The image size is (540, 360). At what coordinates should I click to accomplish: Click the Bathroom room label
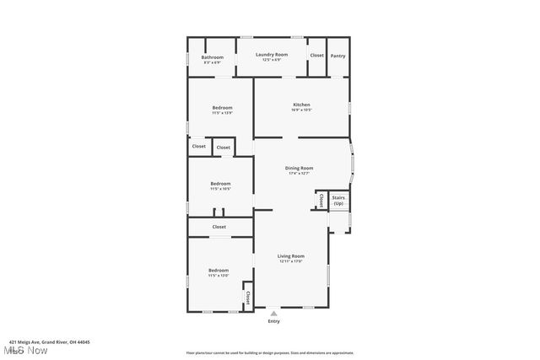point(212,56)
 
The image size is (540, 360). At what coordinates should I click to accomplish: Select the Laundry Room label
point(272,54)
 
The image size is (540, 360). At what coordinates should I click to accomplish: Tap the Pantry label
point(337,56)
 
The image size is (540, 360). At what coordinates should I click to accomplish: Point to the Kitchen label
point(301,105)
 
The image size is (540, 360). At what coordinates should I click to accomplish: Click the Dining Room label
point(300,168)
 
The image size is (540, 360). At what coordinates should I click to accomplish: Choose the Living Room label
point(291,255)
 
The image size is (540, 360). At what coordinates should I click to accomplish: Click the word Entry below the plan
point(273,321)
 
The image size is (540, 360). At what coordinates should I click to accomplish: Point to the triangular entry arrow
point(273,313)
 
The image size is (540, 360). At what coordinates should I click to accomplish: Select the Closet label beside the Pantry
point(316,56)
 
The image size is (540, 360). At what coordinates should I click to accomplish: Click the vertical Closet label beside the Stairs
point(321,200)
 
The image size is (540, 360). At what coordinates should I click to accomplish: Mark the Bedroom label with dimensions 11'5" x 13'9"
point(221,108)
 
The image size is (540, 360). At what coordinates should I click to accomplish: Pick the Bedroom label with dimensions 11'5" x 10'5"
point(220,183)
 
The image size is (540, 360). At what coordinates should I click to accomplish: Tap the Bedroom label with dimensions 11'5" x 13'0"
point(219,270)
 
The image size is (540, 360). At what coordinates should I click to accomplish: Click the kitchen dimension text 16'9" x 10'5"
point(301,110)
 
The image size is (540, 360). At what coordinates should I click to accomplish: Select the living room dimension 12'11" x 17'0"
point(291,261)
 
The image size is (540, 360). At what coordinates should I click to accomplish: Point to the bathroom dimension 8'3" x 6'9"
point(212,62)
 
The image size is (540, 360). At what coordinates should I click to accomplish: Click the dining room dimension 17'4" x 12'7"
point(300,173)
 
